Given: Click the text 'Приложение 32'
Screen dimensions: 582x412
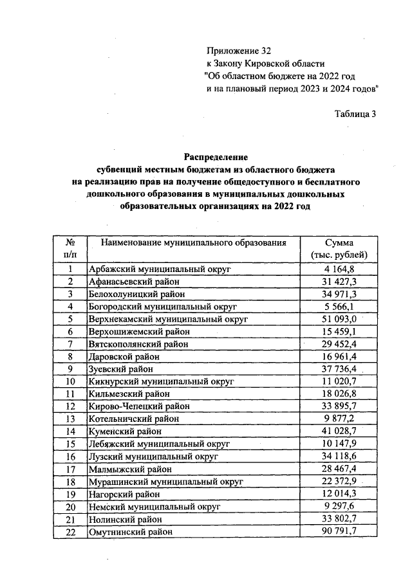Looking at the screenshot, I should pyautogui.click(x=236, y=51).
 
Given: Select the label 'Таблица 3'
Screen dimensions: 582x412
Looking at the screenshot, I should pyautogui.click(x=355, y=114).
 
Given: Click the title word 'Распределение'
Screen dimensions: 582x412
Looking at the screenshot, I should pyautogui.click(x=216, y=157).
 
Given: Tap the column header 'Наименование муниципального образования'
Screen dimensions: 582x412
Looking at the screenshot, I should pyautogui.click(x=192, y=242).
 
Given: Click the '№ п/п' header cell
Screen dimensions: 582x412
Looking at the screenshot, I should pyautogui.click(x=70, y=248).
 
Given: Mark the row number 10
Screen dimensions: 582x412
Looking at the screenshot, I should pyautogui.click(x=70, y=381).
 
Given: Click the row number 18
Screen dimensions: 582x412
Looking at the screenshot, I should pyautogui.click(x=70, y=481).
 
